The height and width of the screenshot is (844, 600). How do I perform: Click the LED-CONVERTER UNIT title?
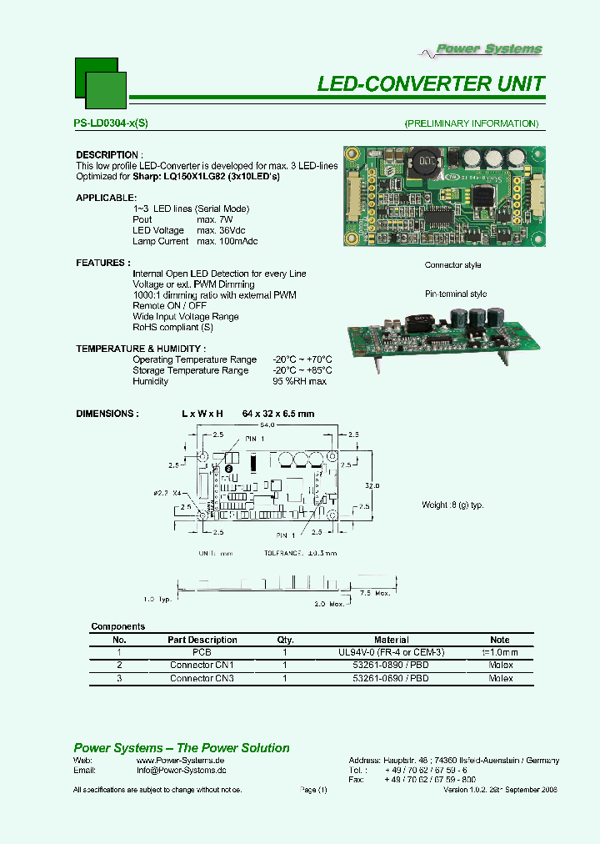[x=431, y=84]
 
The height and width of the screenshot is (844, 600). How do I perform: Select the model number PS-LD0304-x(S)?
[x=111, y=123]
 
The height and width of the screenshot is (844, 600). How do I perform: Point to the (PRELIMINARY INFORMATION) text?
[x=471, y=123]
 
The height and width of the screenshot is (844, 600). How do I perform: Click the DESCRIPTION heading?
[x=108, y=155]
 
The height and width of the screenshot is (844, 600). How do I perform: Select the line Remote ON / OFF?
[x=169, y=306]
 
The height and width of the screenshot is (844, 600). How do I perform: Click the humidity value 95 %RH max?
[x=299, y=381]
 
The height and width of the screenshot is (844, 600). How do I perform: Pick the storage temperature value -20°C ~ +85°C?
[x=302, y=370]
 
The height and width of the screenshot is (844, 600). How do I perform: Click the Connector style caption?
[x=452, y=265]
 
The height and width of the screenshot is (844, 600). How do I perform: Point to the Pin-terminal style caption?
[x=456, y=294]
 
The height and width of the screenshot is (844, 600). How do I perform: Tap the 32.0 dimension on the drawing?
[x=371, y=485]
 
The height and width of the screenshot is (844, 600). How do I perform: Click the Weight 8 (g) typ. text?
[x=452, y=505]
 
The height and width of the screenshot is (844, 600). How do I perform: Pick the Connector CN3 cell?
[x=202, y=679]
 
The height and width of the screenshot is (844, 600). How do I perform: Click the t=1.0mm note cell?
[x=500, y=652]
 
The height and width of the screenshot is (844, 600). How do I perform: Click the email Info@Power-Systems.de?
[x=181, y=772]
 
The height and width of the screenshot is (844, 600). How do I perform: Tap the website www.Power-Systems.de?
[x=180, y=761]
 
